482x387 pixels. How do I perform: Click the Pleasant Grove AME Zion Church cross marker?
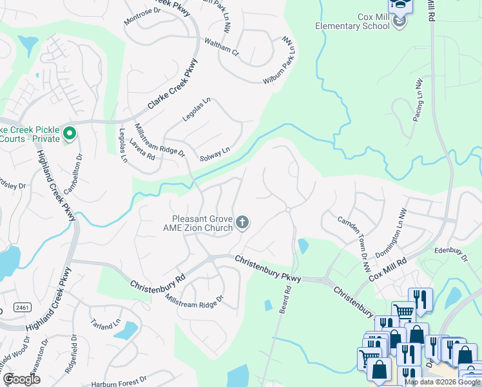tap(242, 223)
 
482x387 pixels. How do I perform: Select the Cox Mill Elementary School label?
tap(352, 21)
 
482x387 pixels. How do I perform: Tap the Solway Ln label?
tap(215, 154)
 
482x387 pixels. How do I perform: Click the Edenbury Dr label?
tap(450, 253)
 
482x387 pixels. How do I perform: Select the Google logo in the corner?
tap(21, 379)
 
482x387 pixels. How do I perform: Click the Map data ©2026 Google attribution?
tap(443, 382)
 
